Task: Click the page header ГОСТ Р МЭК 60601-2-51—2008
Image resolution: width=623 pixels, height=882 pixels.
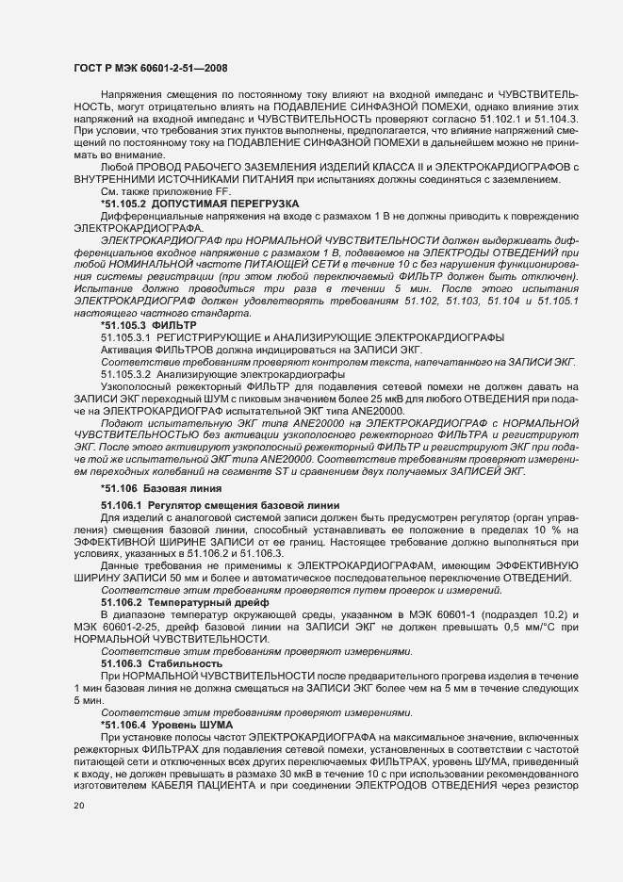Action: click(149, 68)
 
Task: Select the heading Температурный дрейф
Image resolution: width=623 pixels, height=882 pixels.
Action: click(199, 601)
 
